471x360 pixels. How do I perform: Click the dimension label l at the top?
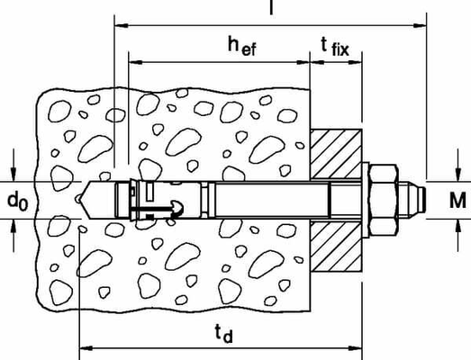pos(271,8)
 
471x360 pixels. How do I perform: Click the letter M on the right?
pos(457,199)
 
